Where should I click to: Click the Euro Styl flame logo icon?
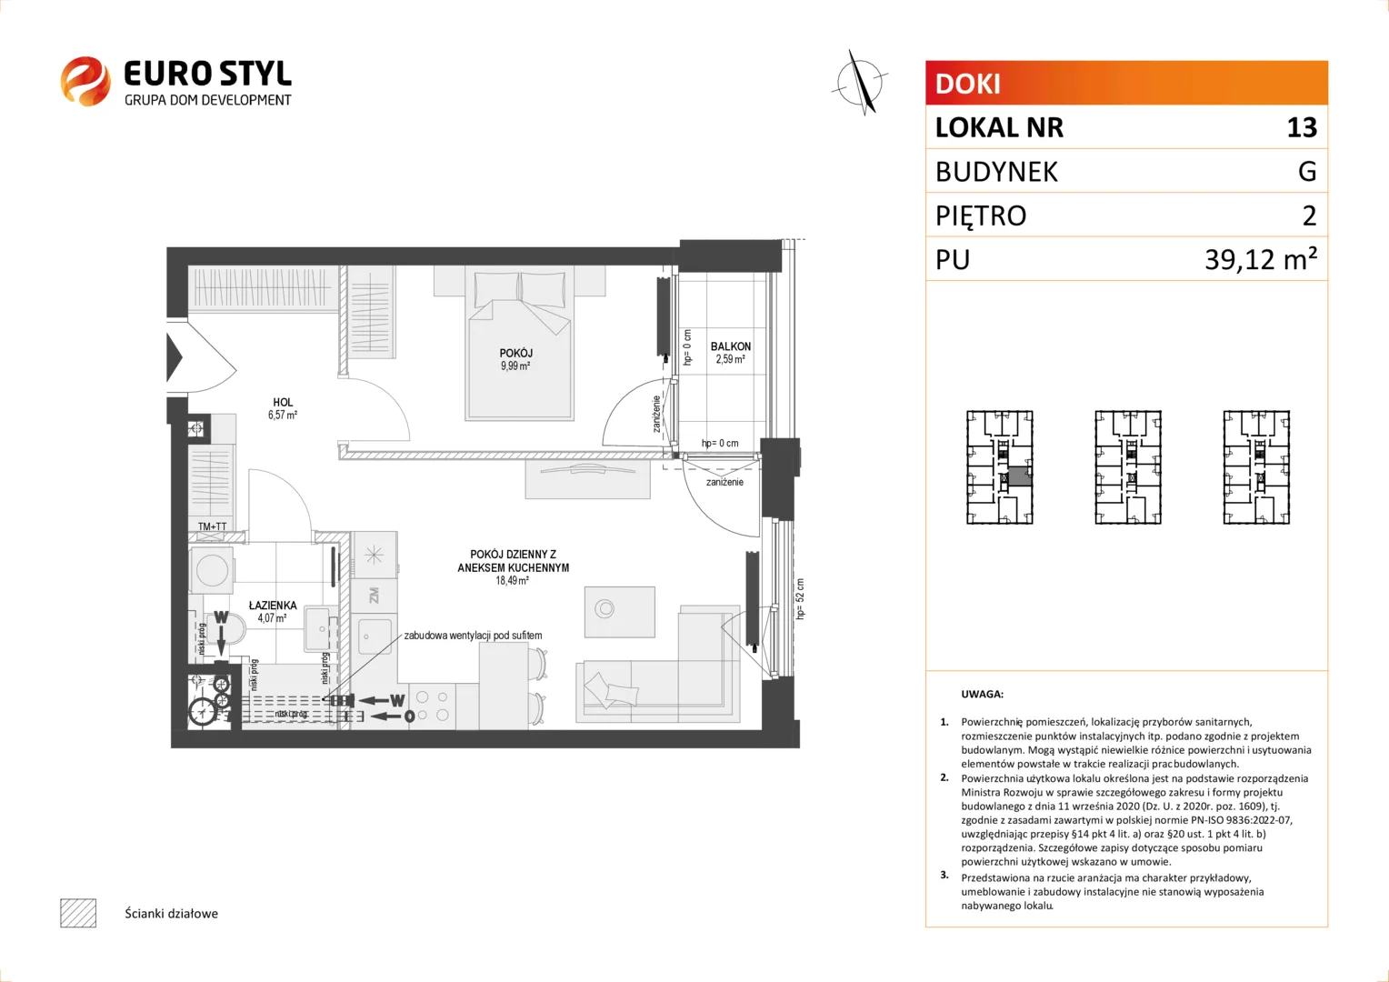click(x=85, y=81)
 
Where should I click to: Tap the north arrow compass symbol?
click(x=860, y=83)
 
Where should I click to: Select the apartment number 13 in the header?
click(x=1302, y=127)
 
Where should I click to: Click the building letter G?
click(x=1307, y=171)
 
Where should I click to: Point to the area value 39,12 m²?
click(x=1261, y=258)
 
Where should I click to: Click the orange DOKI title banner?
click(x=1126, y=83)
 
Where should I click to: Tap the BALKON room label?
click(x=731, y=346)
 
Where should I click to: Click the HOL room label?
click(x=283, y=403)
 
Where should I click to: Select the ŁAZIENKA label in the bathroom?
click(x=273, y=605)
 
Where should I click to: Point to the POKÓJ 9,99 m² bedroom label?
click(x=516, y=359)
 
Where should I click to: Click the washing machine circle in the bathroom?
click(x=212, y=569)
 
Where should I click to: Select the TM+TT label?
click(x=212, y=526)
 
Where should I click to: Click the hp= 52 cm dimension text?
click(x=800, y=598)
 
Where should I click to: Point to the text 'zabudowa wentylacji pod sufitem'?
click(x=473, y=636)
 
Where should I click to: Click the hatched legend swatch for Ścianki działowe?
click(x=78, y=913)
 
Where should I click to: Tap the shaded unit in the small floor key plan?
click(x=1020, y=476)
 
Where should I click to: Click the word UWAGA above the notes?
click(x=983, y=694)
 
